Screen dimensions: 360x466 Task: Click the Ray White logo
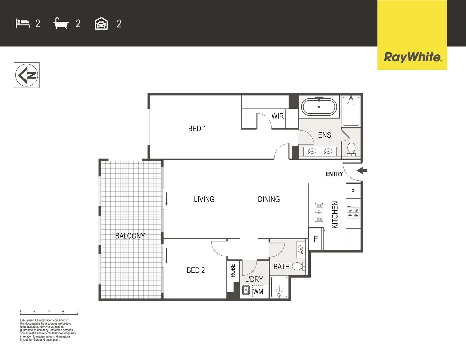click(x=412, y=57)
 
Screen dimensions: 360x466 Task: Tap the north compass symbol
click(x=27, y=75)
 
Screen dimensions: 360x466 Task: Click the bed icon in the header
click(x=23, y=24)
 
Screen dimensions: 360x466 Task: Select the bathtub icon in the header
click(x=61, y=24)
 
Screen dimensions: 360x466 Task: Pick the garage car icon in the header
click(x=101, y=24)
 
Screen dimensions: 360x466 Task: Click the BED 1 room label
click(x=197, y=129)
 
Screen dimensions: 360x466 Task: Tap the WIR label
click(x=277, y=116)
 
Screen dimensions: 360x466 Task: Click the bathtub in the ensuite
click(x=319, y=107)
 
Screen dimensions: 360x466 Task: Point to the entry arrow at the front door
click(x=362, y=171)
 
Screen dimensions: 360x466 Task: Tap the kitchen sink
click(x=319, y=212)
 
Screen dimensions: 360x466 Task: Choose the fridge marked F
click(x=316, y=239)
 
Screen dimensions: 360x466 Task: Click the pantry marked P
click(x=353, y=191)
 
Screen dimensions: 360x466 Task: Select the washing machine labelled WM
click(x=258, y=292)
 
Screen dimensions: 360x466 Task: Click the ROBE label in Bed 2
click(x=233, y=271)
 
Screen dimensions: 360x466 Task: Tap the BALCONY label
click(x=130, y=236)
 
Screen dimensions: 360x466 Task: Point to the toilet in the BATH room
click(x=298, y=266)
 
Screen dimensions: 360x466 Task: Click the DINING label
click(x=269, y=199)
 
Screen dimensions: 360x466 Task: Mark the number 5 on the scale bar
click(x=77, y=311)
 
